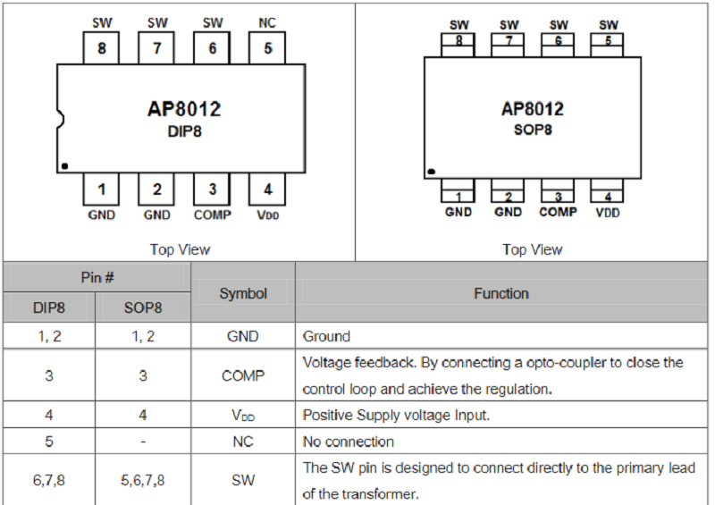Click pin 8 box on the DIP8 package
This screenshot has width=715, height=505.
(101, 48)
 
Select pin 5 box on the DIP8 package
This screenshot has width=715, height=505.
(267, 48)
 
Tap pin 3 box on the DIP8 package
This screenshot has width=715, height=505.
(212, 189)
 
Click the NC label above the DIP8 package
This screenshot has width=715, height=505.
(267, 22)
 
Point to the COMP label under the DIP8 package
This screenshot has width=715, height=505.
(212, 215)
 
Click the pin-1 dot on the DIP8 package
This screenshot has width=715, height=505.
(65, 165)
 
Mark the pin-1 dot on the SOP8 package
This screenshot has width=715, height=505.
(431, 171)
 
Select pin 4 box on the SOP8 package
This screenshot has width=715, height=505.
(607, 195)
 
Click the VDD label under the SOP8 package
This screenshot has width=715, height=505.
(607, 213)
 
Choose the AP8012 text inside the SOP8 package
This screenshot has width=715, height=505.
(533, 109)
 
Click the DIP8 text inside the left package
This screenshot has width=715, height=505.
(183, 130)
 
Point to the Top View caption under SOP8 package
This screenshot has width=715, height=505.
(533, 249)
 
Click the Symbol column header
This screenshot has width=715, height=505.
(243, 293)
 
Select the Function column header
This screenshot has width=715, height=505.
(501, 293)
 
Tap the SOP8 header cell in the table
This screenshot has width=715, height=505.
(143, 307)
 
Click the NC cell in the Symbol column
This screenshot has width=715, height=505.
(243, 442)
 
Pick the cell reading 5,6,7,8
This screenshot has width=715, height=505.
(143, 480)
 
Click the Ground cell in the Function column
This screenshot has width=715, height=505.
(327, 337)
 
